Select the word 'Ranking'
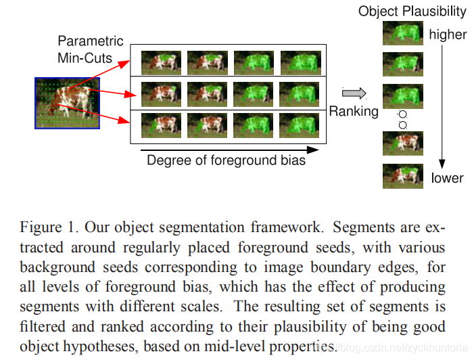(x=354, y=111)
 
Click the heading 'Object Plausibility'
(x=412, y=12)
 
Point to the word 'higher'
(x=448, y=34)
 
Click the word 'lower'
(x=447, y=179)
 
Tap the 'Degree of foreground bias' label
(x=226, y=161)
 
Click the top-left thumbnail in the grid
(x=161, y=62)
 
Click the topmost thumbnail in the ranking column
(x=402, y=33)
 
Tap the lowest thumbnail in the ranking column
(x=402, y=176)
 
